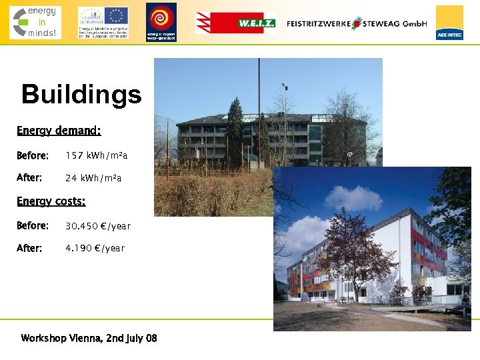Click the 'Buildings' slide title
click(81, 94)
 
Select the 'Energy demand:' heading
click(59, 131)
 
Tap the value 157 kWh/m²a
click(96, 155)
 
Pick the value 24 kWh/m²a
click(93, 178)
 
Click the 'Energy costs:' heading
click(51, 201)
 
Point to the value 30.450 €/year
click(98, 226)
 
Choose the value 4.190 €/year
click(95, 248)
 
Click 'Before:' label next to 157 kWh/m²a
click(33, 155)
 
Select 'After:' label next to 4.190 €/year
click(29, 248)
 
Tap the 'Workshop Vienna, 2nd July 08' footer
click(89, 338)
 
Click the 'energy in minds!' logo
click(35, 22)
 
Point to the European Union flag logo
click(116, 15)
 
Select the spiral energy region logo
click(161, 22)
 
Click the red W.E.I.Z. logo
click(235, 23)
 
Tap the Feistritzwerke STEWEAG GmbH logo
click(357, 23)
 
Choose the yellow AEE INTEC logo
click(449, 23)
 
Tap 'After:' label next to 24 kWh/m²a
click(29, 178)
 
